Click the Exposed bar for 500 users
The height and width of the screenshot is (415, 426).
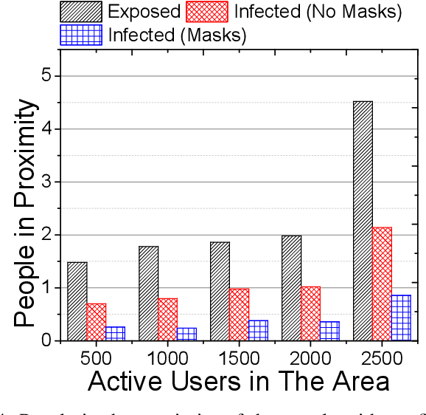(77, 301)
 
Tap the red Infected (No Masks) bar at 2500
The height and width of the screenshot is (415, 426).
(382, 284)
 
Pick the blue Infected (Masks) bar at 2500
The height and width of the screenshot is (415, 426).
(402, 318)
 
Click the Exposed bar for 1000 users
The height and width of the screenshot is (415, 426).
(148, 293)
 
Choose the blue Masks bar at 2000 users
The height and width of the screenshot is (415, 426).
(329, 331)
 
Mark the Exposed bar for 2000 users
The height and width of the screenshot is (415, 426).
(291, 288)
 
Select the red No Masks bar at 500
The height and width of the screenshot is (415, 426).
(97, 322)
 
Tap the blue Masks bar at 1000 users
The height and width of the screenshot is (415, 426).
(186, 334)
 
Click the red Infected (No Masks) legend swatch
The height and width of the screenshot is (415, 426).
(210, 11)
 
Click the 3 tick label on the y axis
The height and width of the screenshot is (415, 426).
(47, 182)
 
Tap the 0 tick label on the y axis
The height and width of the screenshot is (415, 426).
(47, 340)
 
